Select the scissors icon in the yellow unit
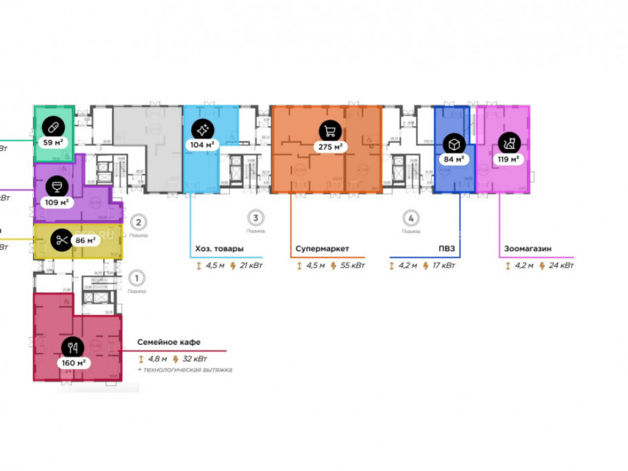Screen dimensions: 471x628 point(61,239)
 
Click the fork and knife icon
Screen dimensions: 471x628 point(73,347)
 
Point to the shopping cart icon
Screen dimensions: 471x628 point(329,131)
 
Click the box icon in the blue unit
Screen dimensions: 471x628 point(453,143)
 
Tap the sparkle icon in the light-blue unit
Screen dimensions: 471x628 point(203,130)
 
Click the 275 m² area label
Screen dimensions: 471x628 point(330,147)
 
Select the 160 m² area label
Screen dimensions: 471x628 point(73,363)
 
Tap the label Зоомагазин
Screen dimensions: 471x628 point(528,249)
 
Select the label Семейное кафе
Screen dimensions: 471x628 point(169,342)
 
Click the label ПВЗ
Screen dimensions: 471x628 point(447,249)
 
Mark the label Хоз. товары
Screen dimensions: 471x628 point(217,249)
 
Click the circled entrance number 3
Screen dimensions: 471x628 point(255,219)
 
